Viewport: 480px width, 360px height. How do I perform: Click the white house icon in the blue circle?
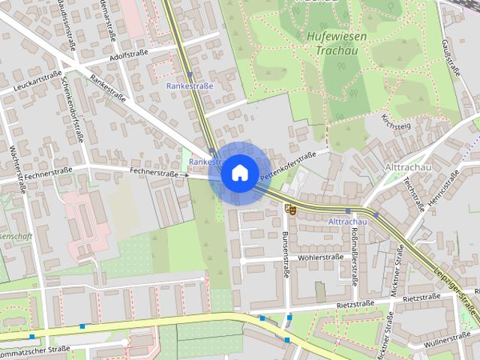(239, 172)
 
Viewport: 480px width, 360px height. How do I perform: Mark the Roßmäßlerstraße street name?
(353, 255)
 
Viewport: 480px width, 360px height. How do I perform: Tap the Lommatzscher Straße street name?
(34, 349)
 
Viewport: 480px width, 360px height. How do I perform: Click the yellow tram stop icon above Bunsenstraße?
(291, 210)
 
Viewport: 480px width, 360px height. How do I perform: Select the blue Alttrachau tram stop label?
(347, 222)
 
